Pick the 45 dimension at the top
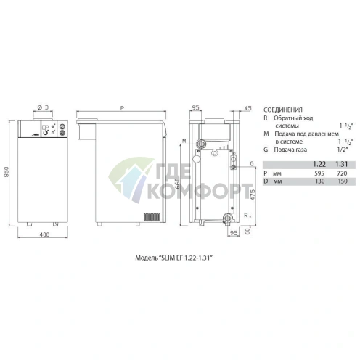pos(248,109)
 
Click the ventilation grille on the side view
pos(150,217)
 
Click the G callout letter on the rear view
pos(251,165)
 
